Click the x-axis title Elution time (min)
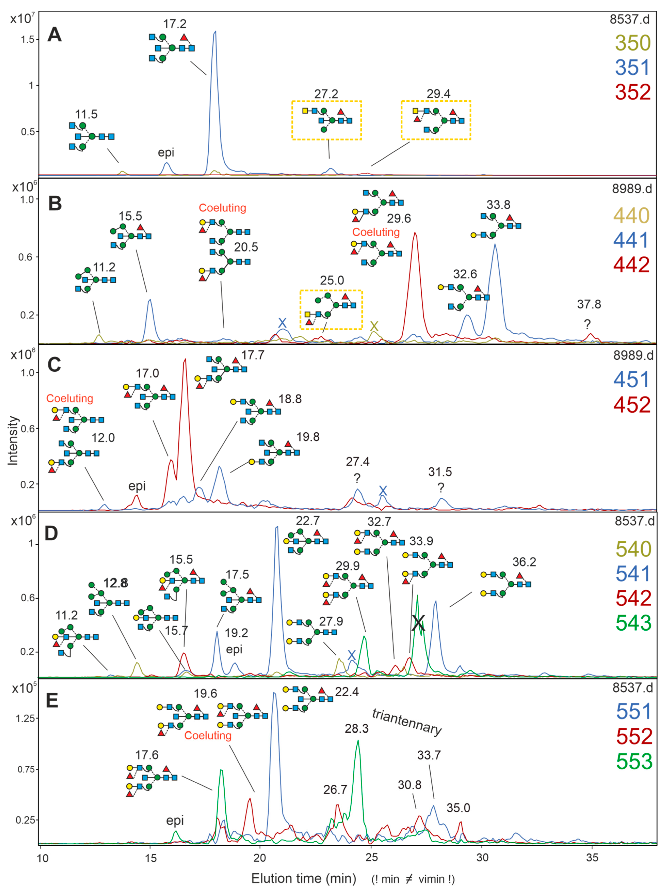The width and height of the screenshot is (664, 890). (304, 878)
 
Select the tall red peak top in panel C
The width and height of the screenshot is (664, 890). (185, 359)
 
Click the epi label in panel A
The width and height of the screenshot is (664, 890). (166, 152)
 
